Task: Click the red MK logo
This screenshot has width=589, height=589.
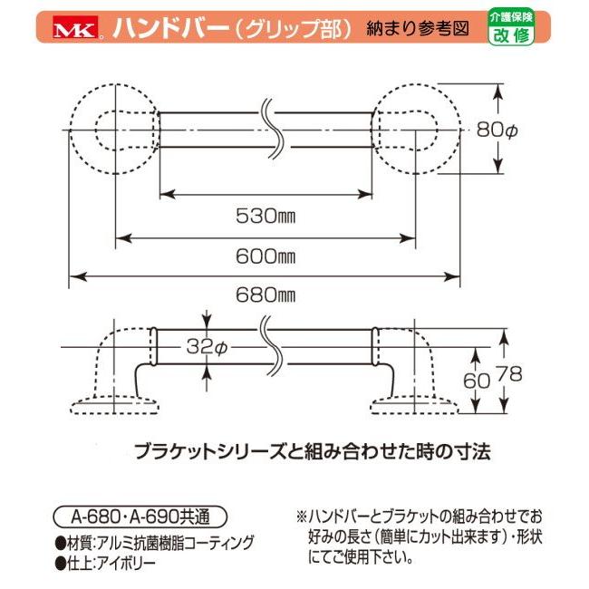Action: [75, 26]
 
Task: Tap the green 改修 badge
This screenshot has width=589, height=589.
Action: [511, 27]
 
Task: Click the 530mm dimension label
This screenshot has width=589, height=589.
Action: [266, 216]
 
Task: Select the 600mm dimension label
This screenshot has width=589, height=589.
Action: [266, 256]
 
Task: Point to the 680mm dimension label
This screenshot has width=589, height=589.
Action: [266, 295]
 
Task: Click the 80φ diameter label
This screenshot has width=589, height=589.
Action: [497, 130]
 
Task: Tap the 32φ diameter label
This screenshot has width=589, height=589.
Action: [207, 347]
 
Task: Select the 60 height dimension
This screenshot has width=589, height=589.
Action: [477, 381]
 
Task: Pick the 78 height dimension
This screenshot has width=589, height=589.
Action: [509, 374]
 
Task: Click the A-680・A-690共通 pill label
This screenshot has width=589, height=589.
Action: [140, 517]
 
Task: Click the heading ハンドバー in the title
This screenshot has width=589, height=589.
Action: [171, 28]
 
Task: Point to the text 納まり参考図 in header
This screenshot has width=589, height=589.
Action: [418, 29]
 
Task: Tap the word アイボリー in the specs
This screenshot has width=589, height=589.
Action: [126, 563]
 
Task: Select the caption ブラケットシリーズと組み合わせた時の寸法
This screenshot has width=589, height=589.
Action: [313, 452]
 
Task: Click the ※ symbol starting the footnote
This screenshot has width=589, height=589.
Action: [301, 517]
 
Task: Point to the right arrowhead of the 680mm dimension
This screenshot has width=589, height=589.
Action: [452, 277]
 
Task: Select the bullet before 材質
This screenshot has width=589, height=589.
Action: [61, 543]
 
